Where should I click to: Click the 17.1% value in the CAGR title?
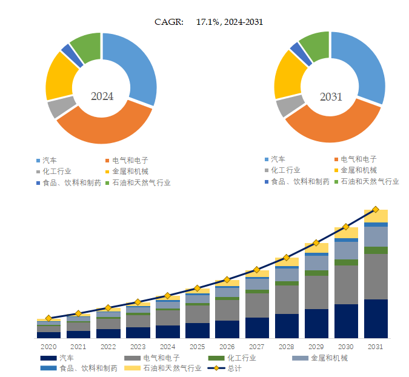[x=208, y=22]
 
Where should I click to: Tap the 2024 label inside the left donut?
[x=102, y=96]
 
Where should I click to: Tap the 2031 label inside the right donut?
[x=331, y=96]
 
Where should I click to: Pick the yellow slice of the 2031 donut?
[x=287, y=76]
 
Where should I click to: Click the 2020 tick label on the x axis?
[x=48, y=346]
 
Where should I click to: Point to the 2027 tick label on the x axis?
[x=256, y=346]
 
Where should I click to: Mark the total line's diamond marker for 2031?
[x=376, y=209]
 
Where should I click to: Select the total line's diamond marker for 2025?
[x=197, y=289]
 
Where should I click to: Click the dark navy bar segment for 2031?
[x=376, y=318]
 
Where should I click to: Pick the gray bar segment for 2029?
[x=316, y=292]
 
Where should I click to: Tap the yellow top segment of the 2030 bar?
[x=346, y=233]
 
